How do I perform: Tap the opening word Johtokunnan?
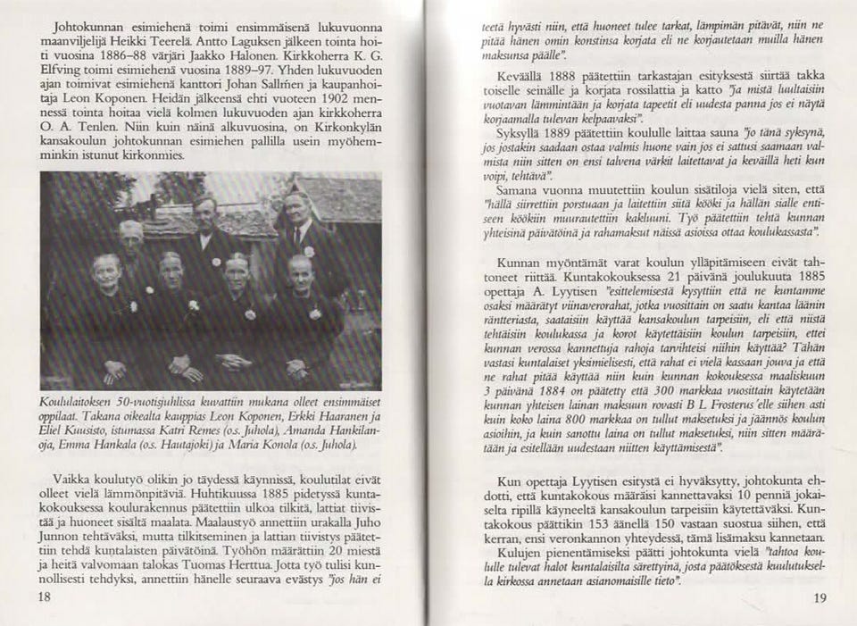click(91, 26)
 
